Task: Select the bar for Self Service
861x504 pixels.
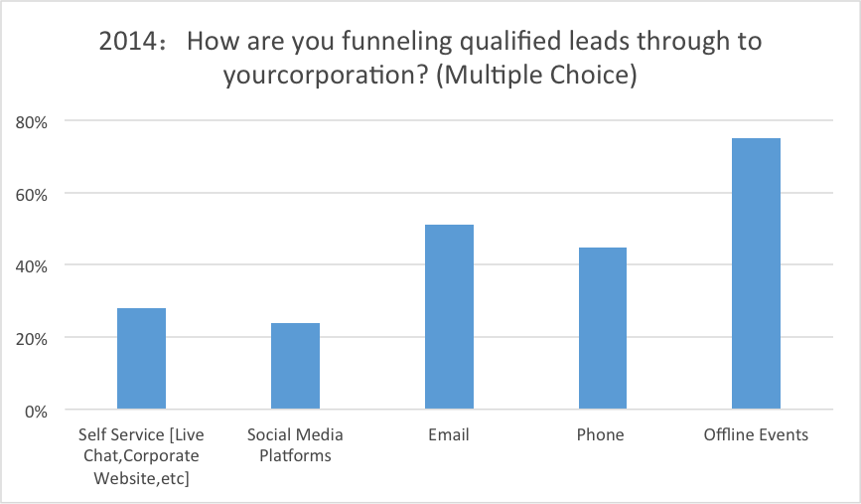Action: [141, 358]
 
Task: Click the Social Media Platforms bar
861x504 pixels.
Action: [295, 366]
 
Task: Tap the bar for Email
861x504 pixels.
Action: [449, 316]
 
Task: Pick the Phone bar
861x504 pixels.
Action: [603, 328]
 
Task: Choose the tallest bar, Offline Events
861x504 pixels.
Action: [756, 273]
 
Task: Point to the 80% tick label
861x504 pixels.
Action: [32, 122]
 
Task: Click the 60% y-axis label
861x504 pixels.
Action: [32, 195]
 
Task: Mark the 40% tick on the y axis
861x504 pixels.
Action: [32, 266]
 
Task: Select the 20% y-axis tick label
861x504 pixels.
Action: [32, 339]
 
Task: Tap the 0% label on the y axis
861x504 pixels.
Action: [36, 412]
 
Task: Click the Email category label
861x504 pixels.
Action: [449, 434]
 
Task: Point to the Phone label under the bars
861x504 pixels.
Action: [600, 434]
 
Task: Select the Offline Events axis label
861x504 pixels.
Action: [756, 434]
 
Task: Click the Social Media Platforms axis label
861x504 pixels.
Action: [295, 445]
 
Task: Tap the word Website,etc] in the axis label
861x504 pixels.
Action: [141, 478]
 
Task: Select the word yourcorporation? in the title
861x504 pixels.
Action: [325, 76]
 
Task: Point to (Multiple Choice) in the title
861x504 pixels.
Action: [536, 76]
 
